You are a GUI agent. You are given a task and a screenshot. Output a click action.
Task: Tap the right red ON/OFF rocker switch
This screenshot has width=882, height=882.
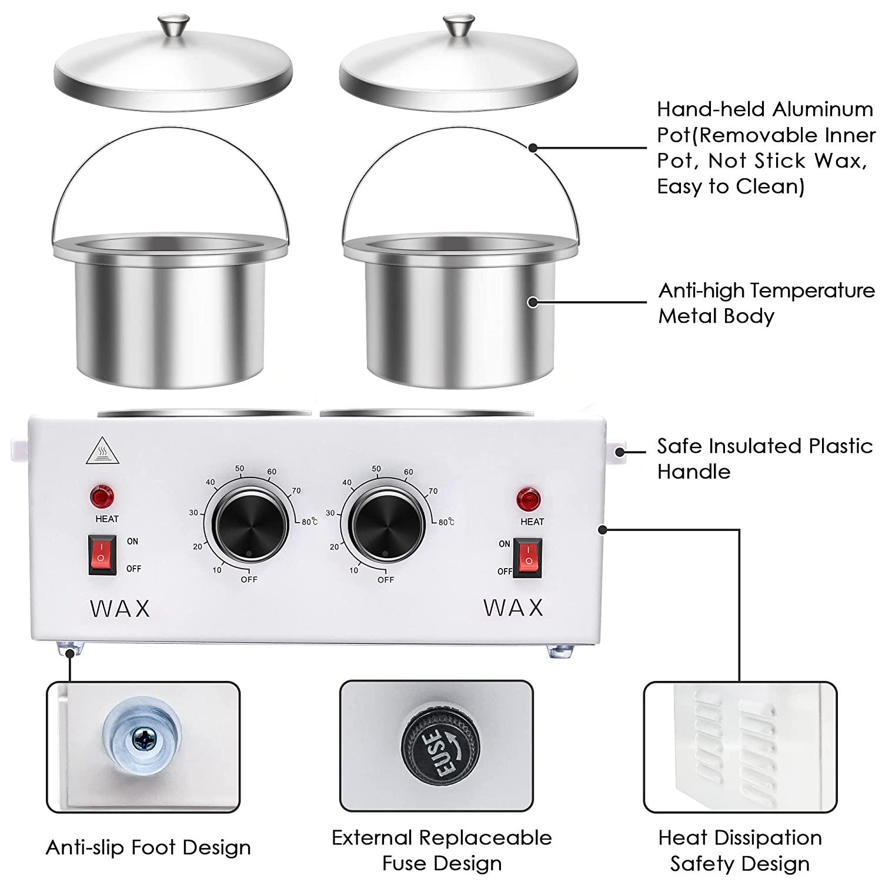point(527,557)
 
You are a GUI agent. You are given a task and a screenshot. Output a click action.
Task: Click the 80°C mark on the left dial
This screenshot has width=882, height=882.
point(309,522)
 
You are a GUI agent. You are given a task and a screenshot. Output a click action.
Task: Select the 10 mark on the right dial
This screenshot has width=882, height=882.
point(353,570)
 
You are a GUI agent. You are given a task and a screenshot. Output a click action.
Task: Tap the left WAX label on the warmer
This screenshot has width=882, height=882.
point(121,609)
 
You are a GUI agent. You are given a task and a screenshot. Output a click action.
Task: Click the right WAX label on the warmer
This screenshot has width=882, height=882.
point(513,607)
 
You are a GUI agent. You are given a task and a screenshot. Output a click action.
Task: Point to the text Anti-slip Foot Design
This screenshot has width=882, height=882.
point(148,847)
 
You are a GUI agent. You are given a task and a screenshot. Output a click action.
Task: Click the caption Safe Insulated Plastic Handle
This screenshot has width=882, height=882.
point(764,459)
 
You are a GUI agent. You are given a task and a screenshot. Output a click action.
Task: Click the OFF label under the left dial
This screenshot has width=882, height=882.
point(249,579)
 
